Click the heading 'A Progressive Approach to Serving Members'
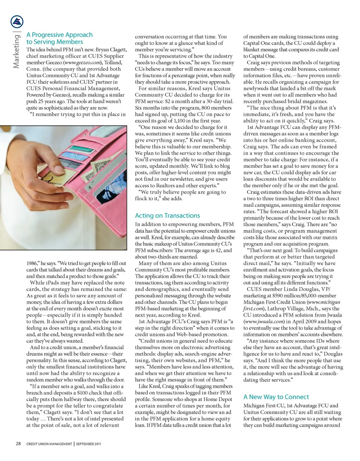[59, 38]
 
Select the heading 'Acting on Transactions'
[167, 215]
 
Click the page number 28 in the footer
[18, 444]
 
